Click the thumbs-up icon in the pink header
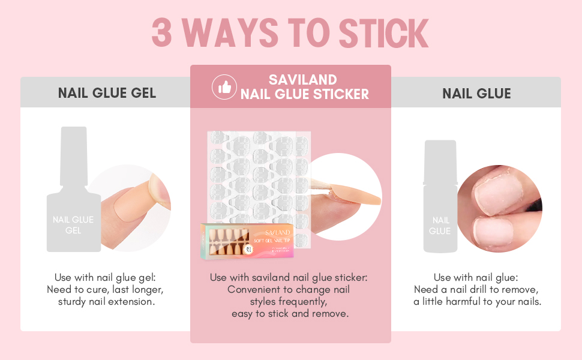[225, 88]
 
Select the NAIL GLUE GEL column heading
[107, 93]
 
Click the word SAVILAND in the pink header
[303, 80]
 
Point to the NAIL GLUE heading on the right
[476, 94]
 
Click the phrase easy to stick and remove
[290, 314]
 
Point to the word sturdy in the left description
[72, 302]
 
